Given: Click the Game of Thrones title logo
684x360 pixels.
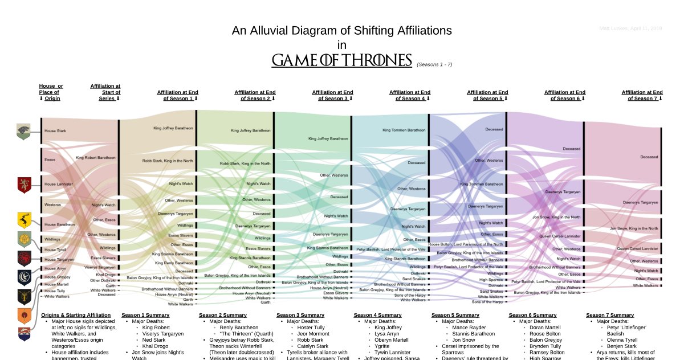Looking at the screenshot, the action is pyautogui.click(x=341, y=60).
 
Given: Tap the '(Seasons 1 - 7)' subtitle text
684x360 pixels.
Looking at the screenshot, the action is pyautogui.click(x=434, y=64).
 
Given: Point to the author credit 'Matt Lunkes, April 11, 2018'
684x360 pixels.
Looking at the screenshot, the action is pyautogui.click(x=630, y=28).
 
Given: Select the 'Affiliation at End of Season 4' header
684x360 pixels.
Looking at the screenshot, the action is pyautogui.click(x=410, y=95).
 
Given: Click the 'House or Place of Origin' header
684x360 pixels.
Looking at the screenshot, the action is pyautogui.click(x=51, y=92).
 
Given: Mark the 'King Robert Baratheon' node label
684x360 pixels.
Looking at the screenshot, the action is pyautogui.click(x=96, y=157).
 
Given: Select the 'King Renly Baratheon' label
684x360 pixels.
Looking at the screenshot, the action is pyautogui.click(x=173, y=263).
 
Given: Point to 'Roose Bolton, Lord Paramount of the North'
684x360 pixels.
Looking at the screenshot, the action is pyautogui.click(x=466, y=244).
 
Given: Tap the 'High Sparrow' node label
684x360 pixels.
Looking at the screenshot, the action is pyautogui.click(x=491, y=280).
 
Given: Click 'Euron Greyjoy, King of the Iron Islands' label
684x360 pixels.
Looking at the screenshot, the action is pyautogui.click(x=547, y=292).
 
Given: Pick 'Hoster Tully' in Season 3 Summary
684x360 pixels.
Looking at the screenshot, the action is pyautogui.click(x=311, y=328).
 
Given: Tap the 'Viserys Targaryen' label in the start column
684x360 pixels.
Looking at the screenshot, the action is pyautogui.click(x=100, y=267).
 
